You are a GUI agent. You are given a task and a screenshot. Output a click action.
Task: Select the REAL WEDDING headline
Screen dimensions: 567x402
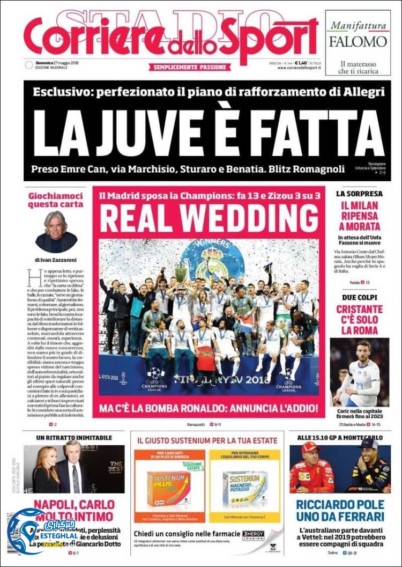(x=209, y=218)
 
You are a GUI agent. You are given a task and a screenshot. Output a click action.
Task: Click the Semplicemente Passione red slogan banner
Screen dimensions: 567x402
(x=191, y=68)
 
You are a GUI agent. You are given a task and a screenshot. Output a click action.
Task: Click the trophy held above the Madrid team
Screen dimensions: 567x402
(x=181, y=273)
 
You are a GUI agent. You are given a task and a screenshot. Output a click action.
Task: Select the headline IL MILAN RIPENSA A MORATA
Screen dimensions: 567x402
(x=358, y=216)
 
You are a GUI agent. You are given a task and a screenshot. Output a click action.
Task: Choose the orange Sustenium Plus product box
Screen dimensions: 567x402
(x=168, y=488)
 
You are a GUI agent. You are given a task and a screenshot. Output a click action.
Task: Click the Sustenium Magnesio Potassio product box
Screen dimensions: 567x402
(x=244, y=488)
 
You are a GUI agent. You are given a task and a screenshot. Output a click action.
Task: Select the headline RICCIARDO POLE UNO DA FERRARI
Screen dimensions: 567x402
(x=340, y=511)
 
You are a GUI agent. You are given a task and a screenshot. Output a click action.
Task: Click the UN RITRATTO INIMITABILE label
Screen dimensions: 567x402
(x=74, y=438)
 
